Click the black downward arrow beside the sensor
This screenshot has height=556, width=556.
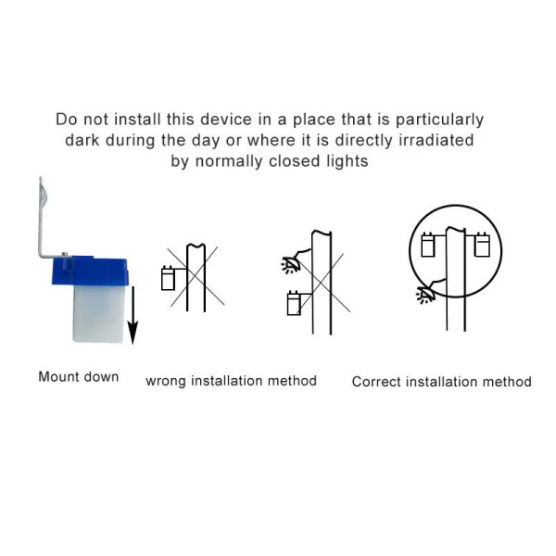click(x=133, y=315)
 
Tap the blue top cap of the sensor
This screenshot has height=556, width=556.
click(x=90, y=271)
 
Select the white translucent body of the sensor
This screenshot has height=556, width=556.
click(x=98, y=314)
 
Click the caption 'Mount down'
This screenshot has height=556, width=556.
click(x=79, y=376)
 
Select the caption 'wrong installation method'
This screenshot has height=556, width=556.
click(x=231, y=381)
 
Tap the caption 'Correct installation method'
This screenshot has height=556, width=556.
click(x=441, y=382)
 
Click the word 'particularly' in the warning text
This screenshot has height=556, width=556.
click(x=439, y=120)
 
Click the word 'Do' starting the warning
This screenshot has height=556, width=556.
click(x=67, y=120)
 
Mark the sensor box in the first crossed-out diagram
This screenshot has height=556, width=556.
click(x=168, y=278)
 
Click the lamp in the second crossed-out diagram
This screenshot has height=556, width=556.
click(x=291, y=265)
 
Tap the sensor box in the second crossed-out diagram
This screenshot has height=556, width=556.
click(x=294, y=303)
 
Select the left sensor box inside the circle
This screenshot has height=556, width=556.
click(x=428, y=245)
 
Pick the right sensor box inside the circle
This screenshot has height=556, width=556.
click(x=482, y=245)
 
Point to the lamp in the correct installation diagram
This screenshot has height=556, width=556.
click(x=426, y=296)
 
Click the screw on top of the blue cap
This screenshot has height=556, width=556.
click(x=65, y=254)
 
